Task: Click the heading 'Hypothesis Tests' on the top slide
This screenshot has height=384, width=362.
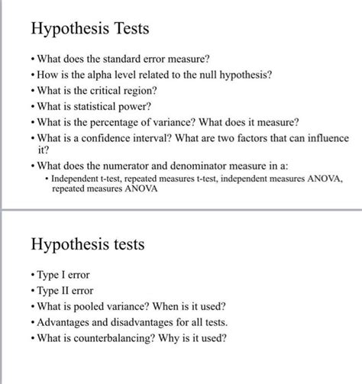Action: (89, 30)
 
